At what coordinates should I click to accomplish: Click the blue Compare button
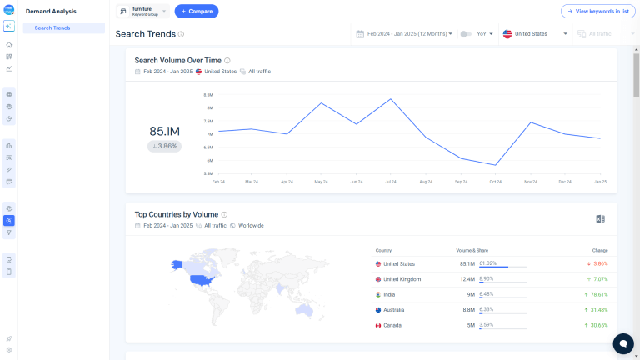pyautogui.click(x=197, y=12)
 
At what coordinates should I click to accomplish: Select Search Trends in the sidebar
pyautogui.click(x=52, y=28)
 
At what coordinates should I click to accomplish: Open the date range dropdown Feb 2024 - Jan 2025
pyautogui.click(x=404, y=34)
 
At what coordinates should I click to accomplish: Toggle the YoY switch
pyautogui.click(x=467, y=34)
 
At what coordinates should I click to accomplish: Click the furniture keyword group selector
pyautogui.click(x=142, y=12)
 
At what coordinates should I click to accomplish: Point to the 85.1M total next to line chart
pyautogui.click(x=165, y=131)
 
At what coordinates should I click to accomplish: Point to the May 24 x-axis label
pyautogui.click(x=322, y=181)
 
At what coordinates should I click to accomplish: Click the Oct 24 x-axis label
pyautogui.click(x=496, y=181)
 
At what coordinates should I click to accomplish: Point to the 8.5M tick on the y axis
pyautogui.click(x=208, y=95)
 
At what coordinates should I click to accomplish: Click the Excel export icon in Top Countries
pyautogui.click(x=600, y=218)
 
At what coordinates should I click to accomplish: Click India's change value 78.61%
pyautogui.click(x=595, y=294)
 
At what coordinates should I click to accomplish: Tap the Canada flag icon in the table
pyautogui.click(x=378, y=325)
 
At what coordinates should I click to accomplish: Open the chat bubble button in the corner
pyautogui.click(x=622, y=343)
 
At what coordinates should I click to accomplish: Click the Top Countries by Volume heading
pyautogui.click(x=177, y=214)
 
